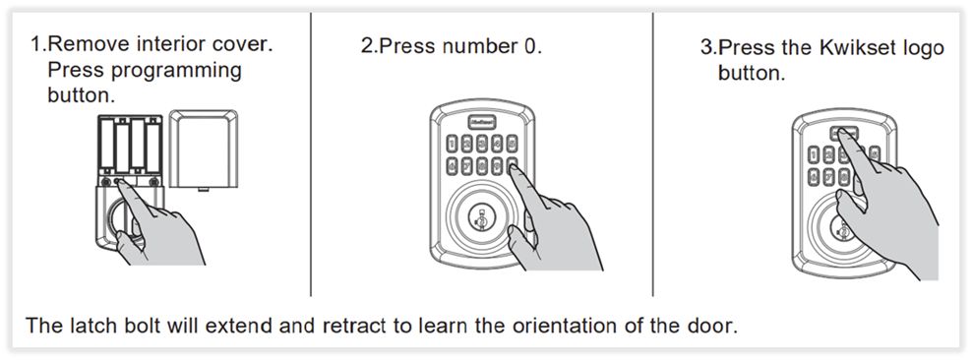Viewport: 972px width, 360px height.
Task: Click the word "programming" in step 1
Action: (x=175, y=70)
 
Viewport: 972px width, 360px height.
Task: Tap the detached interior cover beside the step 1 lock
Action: (x=204, y=150)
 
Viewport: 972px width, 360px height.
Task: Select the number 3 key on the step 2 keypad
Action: (x=483, y=144)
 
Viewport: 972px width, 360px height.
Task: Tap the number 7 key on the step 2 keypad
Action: (x=467, y=166)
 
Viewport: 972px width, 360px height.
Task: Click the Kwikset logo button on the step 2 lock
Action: (x=482, y=121)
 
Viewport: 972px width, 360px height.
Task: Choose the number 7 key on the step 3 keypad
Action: (x=828, y=177)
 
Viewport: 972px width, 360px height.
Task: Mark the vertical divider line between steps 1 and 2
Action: (x=311, y=154)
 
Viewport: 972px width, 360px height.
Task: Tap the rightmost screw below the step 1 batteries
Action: (x=153, y=182)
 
